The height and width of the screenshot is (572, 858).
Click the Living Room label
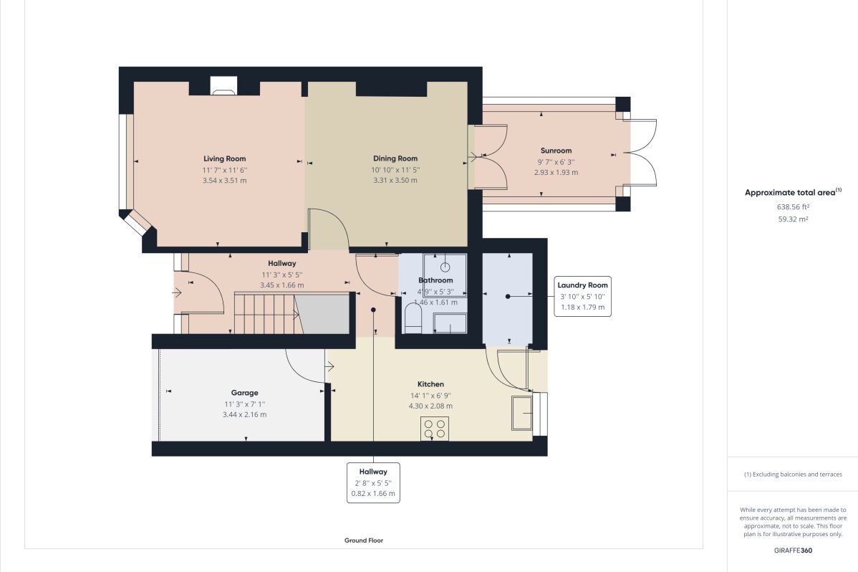[224, 158]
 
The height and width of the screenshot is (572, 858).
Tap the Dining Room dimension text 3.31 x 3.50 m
[395, 181]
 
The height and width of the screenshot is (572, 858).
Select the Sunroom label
[556, 151]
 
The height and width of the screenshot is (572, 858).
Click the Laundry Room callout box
[582, 296]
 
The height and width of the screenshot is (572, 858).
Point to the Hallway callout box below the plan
[372, 482]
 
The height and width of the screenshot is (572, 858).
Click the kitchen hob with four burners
[435, 428]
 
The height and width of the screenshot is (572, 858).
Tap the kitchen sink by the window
[521, 412]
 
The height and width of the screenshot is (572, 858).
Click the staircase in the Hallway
[266, 313]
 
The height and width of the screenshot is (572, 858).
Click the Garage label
[244, 393]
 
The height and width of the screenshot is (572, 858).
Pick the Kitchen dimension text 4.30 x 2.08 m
[430, 406]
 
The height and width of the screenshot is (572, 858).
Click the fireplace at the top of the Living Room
[224, 87]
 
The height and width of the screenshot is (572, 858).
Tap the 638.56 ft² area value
[793, 206]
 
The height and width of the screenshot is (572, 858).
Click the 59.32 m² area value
[793, 219]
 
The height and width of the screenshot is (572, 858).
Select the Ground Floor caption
[364, 540]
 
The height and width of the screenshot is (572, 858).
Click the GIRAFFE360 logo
[793, 550]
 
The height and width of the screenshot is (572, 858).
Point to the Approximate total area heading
[791, 192]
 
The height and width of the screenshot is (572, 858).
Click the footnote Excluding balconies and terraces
[793, 475]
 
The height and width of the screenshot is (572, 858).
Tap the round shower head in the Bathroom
[445, 267]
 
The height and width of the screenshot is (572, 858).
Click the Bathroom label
[435, 280]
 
